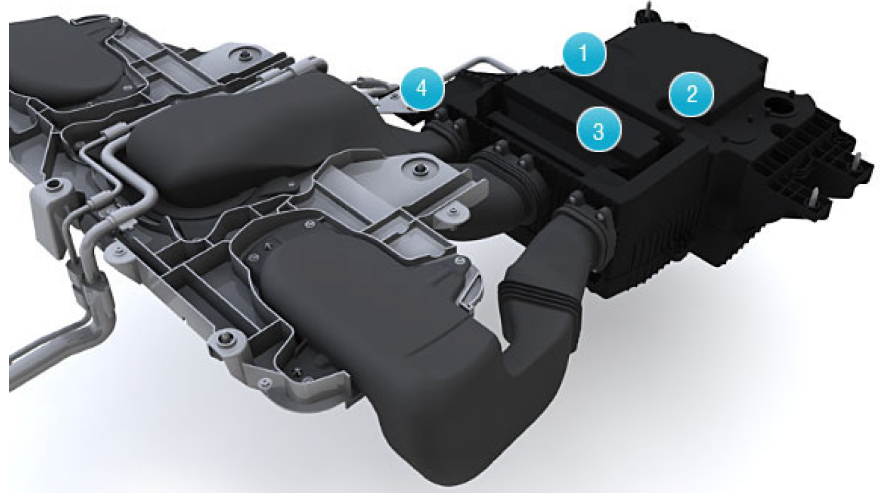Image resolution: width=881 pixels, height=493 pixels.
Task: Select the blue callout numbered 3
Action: (599, 130)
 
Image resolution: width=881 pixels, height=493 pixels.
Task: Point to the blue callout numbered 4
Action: (422, 88)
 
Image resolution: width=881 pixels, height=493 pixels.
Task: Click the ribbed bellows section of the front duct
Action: (540, 299)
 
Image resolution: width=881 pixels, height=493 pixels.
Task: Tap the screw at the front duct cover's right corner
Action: (458, 261)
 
